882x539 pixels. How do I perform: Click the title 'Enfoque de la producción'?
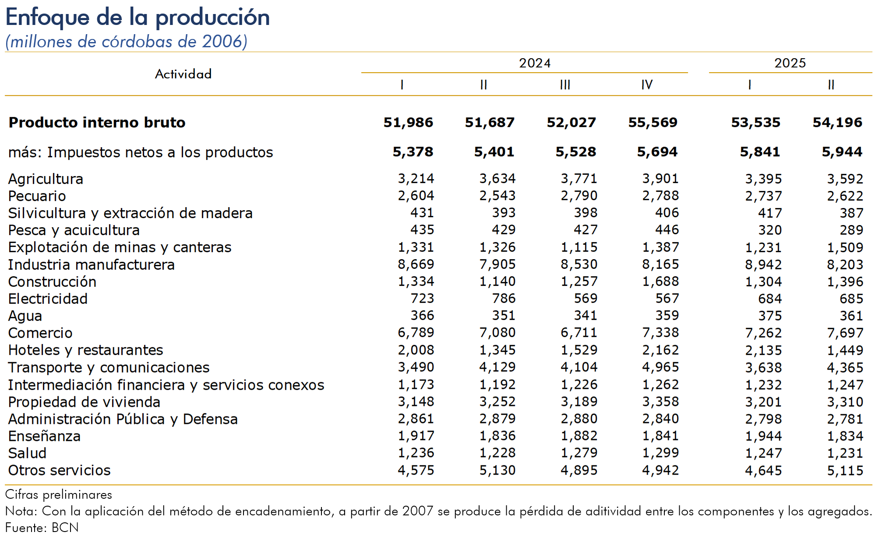[138, 18]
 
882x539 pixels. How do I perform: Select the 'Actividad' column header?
[183, 74]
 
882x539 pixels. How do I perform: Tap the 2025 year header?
[790, 63]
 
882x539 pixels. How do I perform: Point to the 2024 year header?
[534, 63]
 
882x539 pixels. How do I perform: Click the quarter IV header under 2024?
[646, 85]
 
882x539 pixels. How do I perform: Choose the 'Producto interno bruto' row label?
[97, 123]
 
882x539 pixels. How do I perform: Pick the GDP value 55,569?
[653, 123]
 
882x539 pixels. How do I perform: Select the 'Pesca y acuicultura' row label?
[74, 230]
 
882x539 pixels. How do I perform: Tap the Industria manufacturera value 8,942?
[763, 264]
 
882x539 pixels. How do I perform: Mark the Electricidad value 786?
[503, 299]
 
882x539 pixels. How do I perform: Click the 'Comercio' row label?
[40, 333]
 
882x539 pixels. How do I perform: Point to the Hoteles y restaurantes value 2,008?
[416, 350]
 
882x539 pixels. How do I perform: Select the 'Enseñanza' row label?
[44, 436]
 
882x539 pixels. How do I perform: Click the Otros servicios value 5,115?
[845, 471]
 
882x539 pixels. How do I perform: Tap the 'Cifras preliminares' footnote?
[59, 495]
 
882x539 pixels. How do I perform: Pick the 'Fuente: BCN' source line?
[42, 528]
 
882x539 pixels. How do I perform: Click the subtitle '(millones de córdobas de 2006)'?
[127, 42]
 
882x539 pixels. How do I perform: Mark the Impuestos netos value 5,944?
[842, 152]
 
